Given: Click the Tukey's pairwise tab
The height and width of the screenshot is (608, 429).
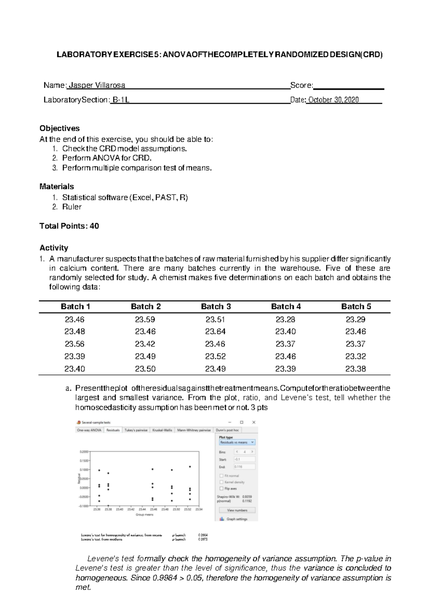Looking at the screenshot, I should coord(136,430).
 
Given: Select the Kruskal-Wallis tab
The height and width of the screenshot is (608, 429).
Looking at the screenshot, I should coord(162,430).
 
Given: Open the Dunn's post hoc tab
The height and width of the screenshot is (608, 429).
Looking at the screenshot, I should coord(227,430).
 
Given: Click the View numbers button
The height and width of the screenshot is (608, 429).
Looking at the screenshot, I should coord(237,510).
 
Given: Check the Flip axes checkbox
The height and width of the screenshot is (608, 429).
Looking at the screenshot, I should coord(222,488).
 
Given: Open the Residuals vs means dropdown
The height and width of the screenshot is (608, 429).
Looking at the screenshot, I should coord(237,442).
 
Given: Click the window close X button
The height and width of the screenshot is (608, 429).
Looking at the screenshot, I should coord(254,422).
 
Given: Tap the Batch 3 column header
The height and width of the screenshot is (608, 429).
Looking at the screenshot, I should coord(216,307).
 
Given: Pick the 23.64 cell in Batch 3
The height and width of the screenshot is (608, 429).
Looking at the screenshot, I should coord(215,332).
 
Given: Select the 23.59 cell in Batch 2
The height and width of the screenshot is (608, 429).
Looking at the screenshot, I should coord(145,319).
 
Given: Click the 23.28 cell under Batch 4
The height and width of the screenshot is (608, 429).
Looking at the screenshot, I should coord(285,319).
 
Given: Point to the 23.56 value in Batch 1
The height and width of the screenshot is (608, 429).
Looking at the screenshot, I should coord(75,344).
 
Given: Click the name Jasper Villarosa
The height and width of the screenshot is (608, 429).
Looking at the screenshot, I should coord(97,85).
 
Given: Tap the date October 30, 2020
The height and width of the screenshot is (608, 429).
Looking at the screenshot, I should coord(334,100).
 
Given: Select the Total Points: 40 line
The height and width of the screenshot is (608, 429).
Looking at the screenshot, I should coord(69,226).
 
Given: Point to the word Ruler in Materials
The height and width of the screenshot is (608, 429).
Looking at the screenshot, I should coord(71,207).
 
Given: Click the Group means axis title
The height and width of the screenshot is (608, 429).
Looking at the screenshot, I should coord(144,515).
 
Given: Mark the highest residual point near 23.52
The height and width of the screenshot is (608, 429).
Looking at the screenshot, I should coord(190,467).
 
